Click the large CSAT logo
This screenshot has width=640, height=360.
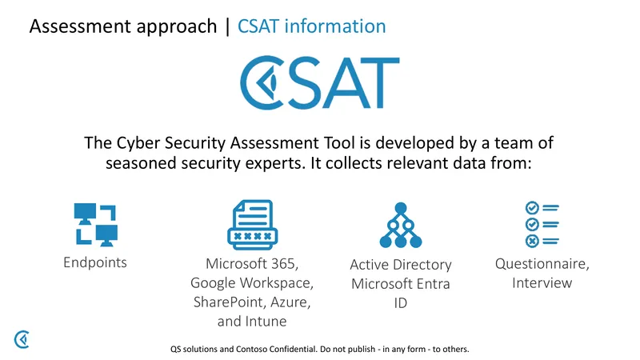[x=319, y=83]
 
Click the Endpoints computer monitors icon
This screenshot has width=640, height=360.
[x=95, y=225]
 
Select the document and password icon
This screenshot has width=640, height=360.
[x=252, y=225]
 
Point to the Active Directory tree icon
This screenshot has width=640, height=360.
[x=401, y=225]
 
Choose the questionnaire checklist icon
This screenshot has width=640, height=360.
[x=542, y=225]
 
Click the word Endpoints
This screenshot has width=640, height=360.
[x=95, y=262]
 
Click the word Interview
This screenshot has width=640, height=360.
[x=542, y=283]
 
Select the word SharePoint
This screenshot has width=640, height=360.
[x=229, y=302]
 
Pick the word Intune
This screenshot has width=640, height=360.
[x=266, y=322]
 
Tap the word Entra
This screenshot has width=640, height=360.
[x=431, y=284]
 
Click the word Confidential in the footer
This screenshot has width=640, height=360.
[x=293, y=350]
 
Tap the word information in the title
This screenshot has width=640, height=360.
[x=334, y=26]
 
